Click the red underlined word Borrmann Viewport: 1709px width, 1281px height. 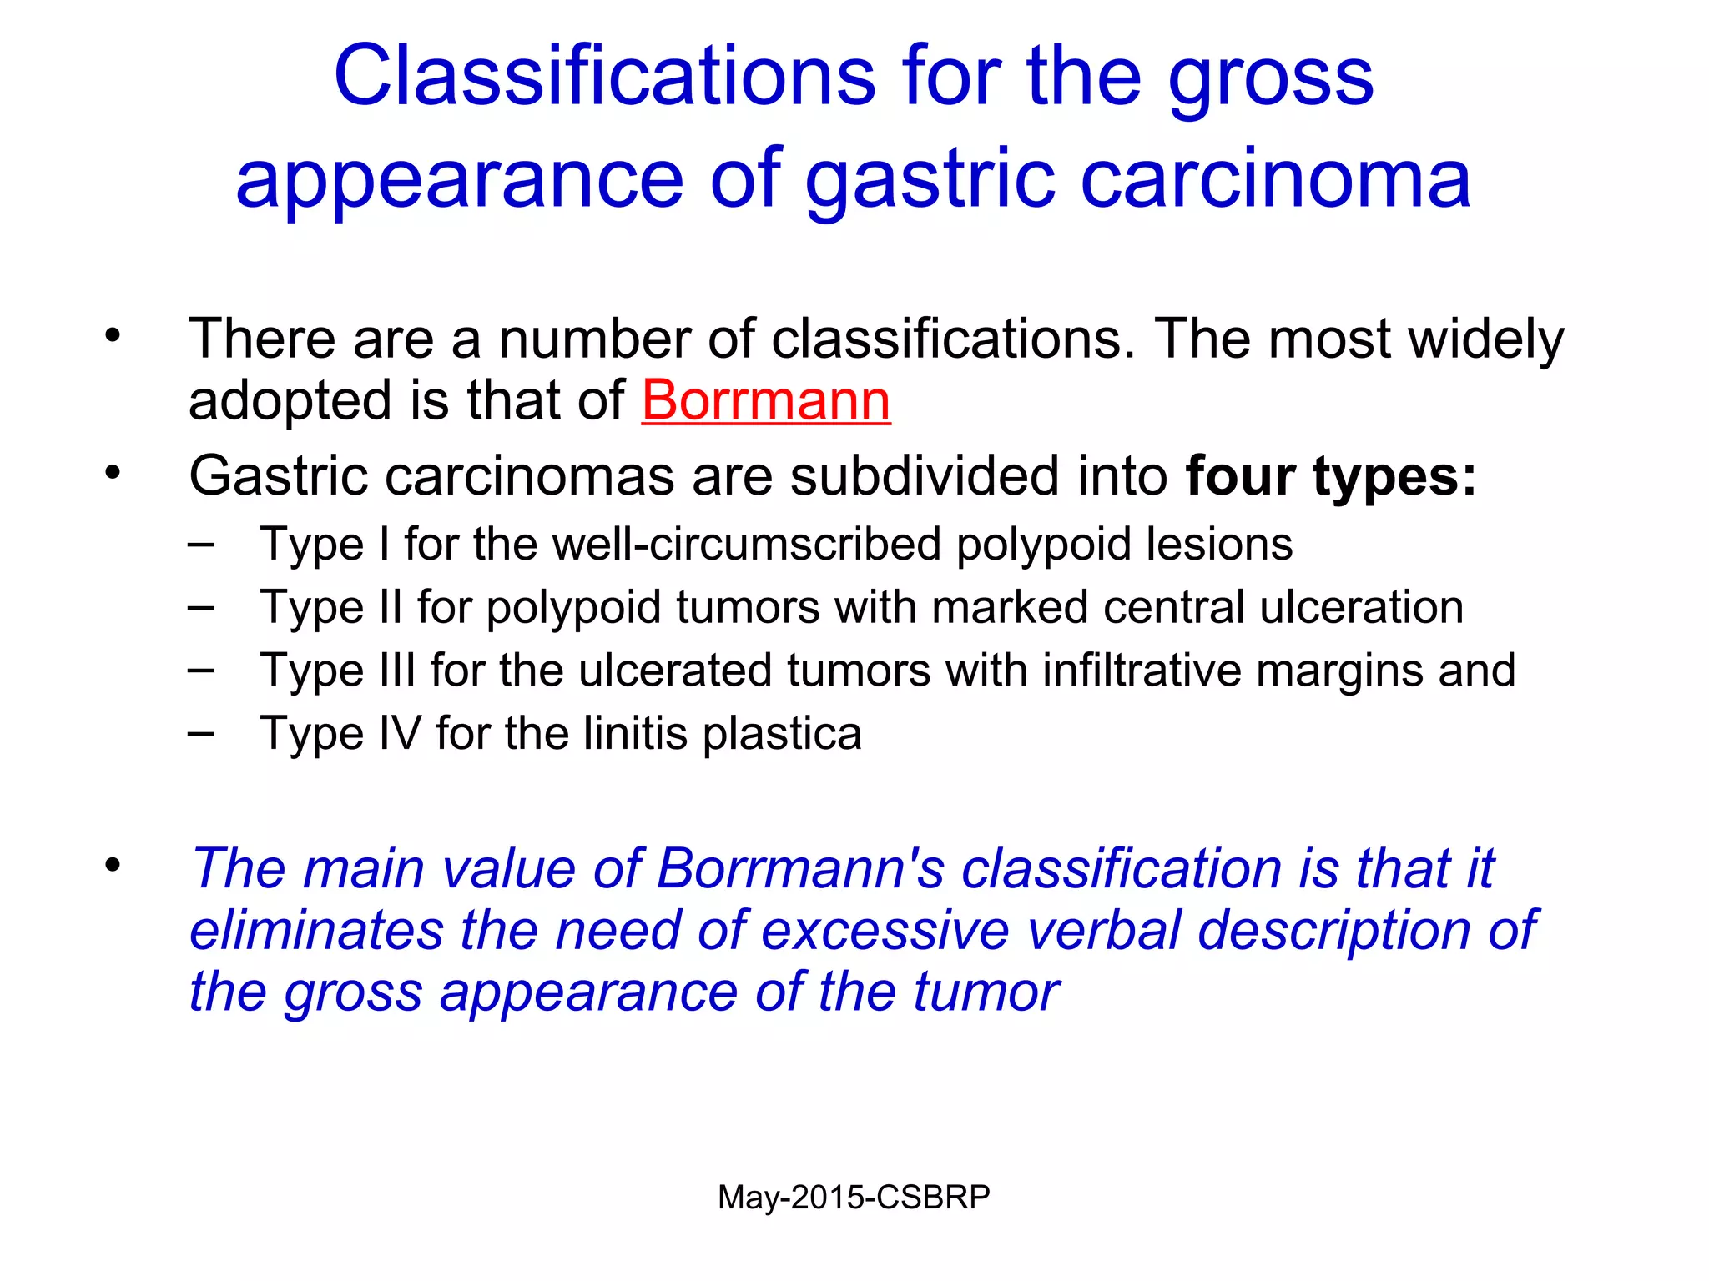pyautogui.click(x=765, y=401)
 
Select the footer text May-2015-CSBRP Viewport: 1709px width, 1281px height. pyautogui.click(x=854, y=1198)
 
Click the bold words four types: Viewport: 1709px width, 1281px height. pyautogui.click(x=1331, y=476)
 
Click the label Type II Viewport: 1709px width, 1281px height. pyautogui.click(x=331, y=607)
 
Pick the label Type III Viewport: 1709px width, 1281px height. pyautogui.click(x=338, y=671)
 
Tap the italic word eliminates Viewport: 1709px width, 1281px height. pyautogui.click(x=316, y=931)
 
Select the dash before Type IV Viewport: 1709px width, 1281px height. pyautogui.click(x=201, y=733)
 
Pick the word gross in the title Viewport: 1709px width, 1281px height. pyautogui.click(x=1270, y=76)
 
